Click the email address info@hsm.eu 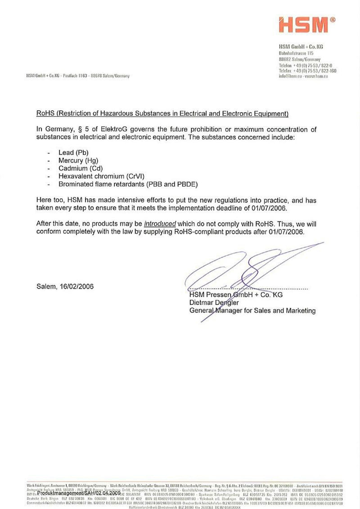tap(289, 77)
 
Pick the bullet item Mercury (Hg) tap(78, 161)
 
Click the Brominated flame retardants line tap(128, 183)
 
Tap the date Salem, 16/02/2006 tap(65, 286)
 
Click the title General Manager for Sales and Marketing tap(252, 310)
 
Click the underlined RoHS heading tap(162, 113)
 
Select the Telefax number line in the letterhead tap(307, 71)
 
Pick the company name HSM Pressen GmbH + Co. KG tap(236, 295)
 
